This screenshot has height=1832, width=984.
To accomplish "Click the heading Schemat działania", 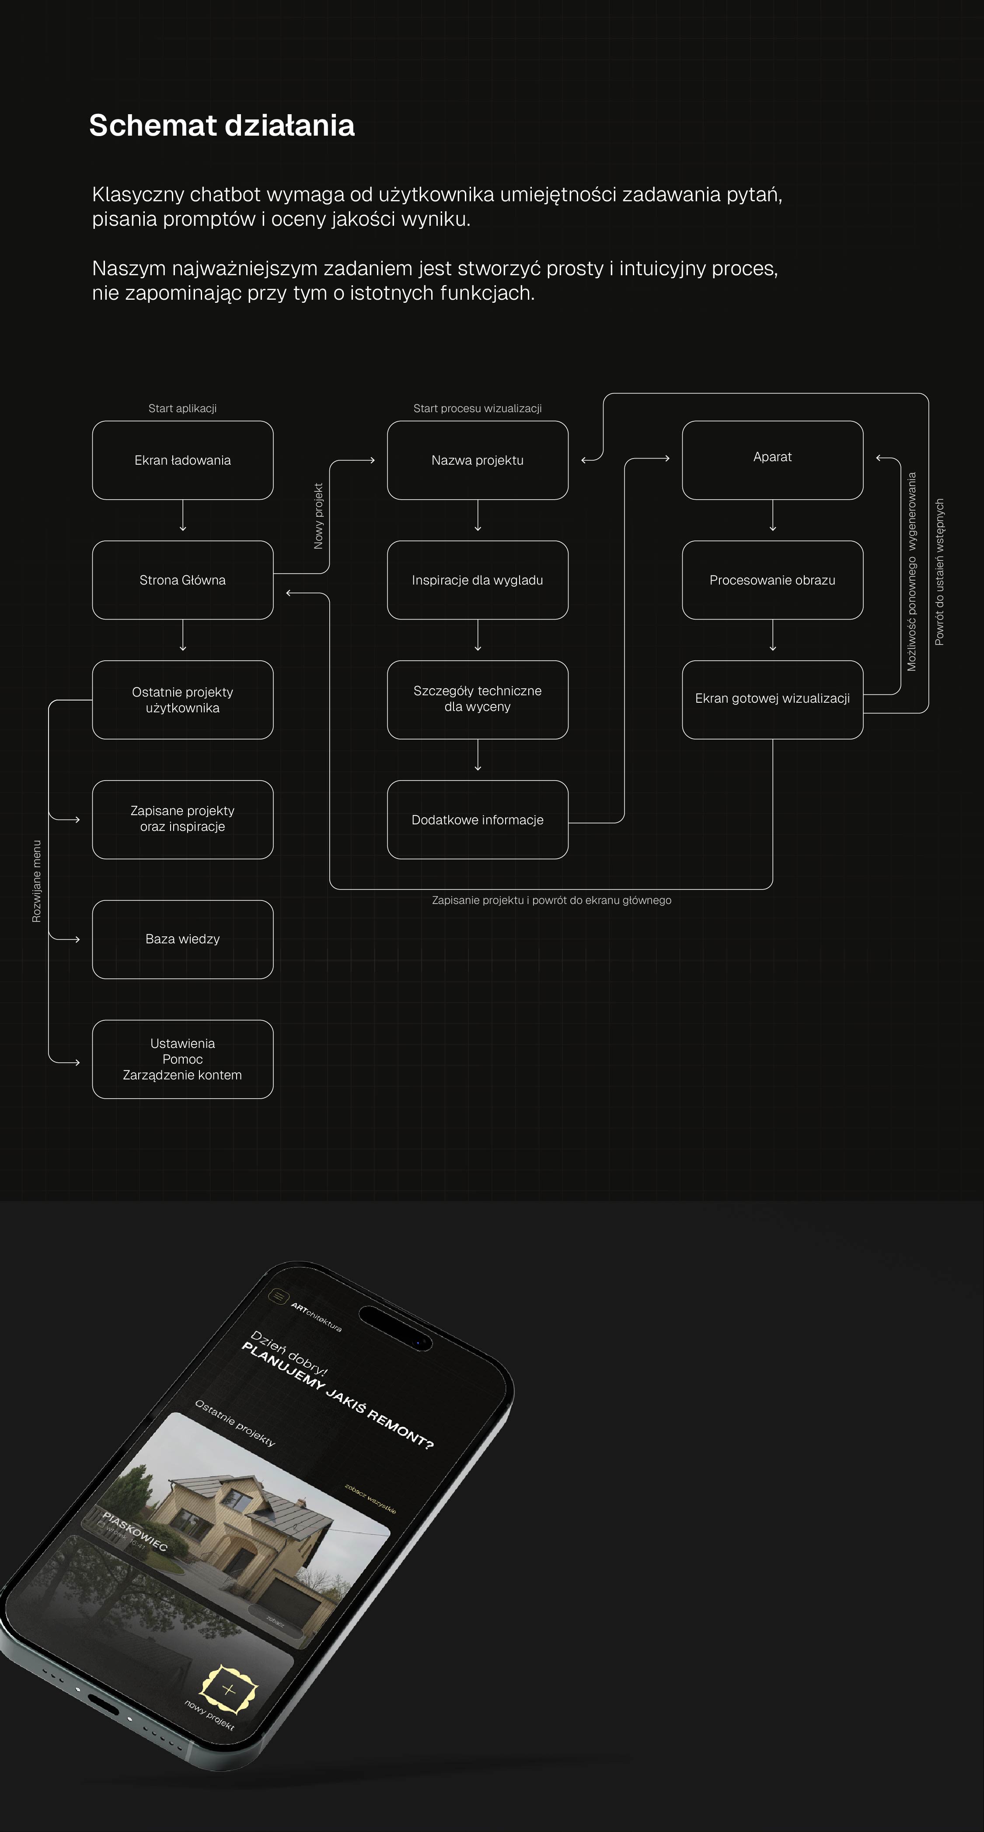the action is pyautogui.click(x=221, y=125).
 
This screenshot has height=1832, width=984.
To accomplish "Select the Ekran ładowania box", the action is pyautogui.click(x=183, y=460).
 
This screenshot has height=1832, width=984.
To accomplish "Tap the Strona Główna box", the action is pyautogui.click(x=183, y=580).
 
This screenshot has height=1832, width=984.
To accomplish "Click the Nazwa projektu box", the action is pyautogui.click(x=477, y=460).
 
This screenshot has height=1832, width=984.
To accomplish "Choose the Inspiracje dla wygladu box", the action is pyautogui.click(x=477, y=580).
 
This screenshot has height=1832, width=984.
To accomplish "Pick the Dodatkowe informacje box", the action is pyautogui.click(x=477, y=819).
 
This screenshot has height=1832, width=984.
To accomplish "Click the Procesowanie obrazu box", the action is pyautogui.click(x=772, y=580).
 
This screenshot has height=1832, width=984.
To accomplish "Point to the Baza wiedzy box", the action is pyautogui.click(x=183, y=939).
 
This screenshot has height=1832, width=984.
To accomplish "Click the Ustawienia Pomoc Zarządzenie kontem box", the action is pyautogui.click(x=183, y=1059).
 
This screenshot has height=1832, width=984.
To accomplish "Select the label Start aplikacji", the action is pyautogui.click(x=183, y=408).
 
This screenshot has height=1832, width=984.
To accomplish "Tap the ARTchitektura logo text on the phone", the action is pyautogui.click(x=316, y=1317).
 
